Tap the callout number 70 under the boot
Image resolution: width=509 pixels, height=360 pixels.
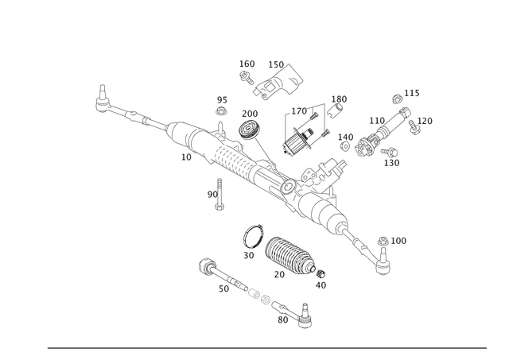pos(279,275)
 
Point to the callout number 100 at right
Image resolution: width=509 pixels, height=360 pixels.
pos(398,238)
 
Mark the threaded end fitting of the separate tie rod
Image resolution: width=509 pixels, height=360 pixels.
pos(305,319)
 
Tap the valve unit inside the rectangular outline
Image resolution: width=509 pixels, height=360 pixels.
pos(303,132)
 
